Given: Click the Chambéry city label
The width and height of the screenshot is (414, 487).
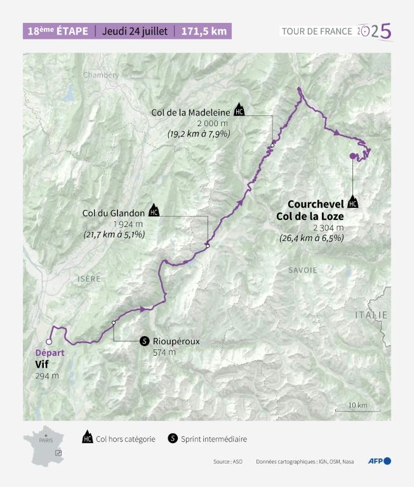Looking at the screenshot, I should tap(100, 75).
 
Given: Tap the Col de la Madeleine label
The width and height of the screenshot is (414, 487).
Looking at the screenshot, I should tap(190, 112).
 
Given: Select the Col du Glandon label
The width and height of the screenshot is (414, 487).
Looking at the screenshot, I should tap(113, 212).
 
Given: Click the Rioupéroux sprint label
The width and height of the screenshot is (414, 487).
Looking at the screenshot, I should tap(176, 341).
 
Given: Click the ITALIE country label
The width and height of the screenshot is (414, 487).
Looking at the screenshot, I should tap(371, 315).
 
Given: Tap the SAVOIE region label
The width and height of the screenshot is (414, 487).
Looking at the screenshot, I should tap(302, 270).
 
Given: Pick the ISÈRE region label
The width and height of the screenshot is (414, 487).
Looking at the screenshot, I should tap(89, 279).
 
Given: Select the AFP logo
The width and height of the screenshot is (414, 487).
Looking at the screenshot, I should tap(379, 461).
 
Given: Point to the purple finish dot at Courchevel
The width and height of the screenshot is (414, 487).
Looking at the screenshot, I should tap(352, 155).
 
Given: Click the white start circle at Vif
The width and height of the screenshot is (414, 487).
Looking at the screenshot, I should tap(48, 341).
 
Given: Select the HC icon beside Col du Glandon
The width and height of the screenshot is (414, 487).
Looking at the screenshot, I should tap(154, 211).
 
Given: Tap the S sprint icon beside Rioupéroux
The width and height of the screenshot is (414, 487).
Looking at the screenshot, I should tap(145, 341).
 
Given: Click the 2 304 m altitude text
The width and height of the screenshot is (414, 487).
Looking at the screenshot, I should tap(328, 228).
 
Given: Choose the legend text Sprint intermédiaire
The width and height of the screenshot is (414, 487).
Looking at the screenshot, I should tap(213, 439).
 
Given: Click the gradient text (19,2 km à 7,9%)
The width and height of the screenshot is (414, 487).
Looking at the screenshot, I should tap(199, 134).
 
